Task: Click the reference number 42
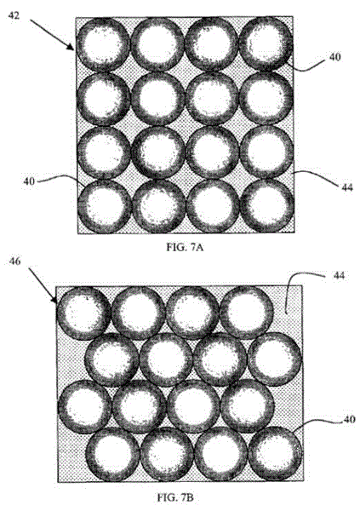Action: pos(14,15)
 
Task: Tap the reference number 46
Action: pos(14,261)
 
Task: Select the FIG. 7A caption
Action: pos(185,247)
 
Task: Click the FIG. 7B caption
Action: pos(175,497)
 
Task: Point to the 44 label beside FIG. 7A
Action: pos(347,187)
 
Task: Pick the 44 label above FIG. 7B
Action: pos(339,276)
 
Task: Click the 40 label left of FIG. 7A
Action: pos(29,181)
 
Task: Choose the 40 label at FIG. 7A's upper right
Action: pos(335,57)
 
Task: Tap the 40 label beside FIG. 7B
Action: pos(349,420)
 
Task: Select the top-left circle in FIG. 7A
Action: pos(103,44)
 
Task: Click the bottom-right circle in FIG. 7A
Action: pos(267,206)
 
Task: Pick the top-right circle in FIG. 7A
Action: pos(266,43)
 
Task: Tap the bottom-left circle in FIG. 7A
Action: pos(105,207)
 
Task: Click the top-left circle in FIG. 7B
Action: pos(84,313)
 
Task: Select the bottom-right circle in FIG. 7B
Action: pos(275,454)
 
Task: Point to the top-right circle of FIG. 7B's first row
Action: pos(247,313)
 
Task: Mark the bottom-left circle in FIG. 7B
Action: pos(112,456)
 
